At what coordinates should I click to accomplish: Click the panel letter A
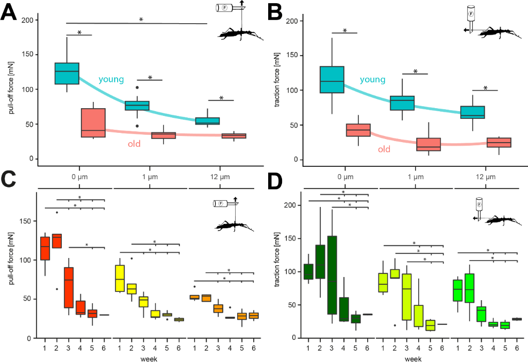pyautogui.click(x=9, y=11)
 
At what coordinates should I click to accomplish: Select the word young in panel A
pyautogui.click(x=111, y=79)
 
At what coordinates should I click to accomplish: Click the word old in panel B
pyautogui.click(x=384, y=150)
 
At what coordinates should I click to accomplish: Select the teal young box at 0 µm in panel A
pyautogui.click(x=67, y=73)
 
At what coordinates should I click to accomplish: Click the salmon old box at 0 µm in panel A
pyautogui.click(x=93, y=123)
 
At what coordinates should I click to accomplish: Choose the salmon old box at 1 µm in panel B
pyautogui.click(x=428, y=144)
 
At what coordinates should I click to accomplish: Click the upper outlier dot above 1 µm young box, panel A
pyautogui.click(x=137, y=88)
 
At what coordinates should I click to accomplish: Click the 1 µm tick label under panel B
pyautogui.click(x=415, y=177)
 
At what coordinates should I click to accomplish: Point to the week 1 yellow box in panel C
pyautogui.click(x=119, y=279)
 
